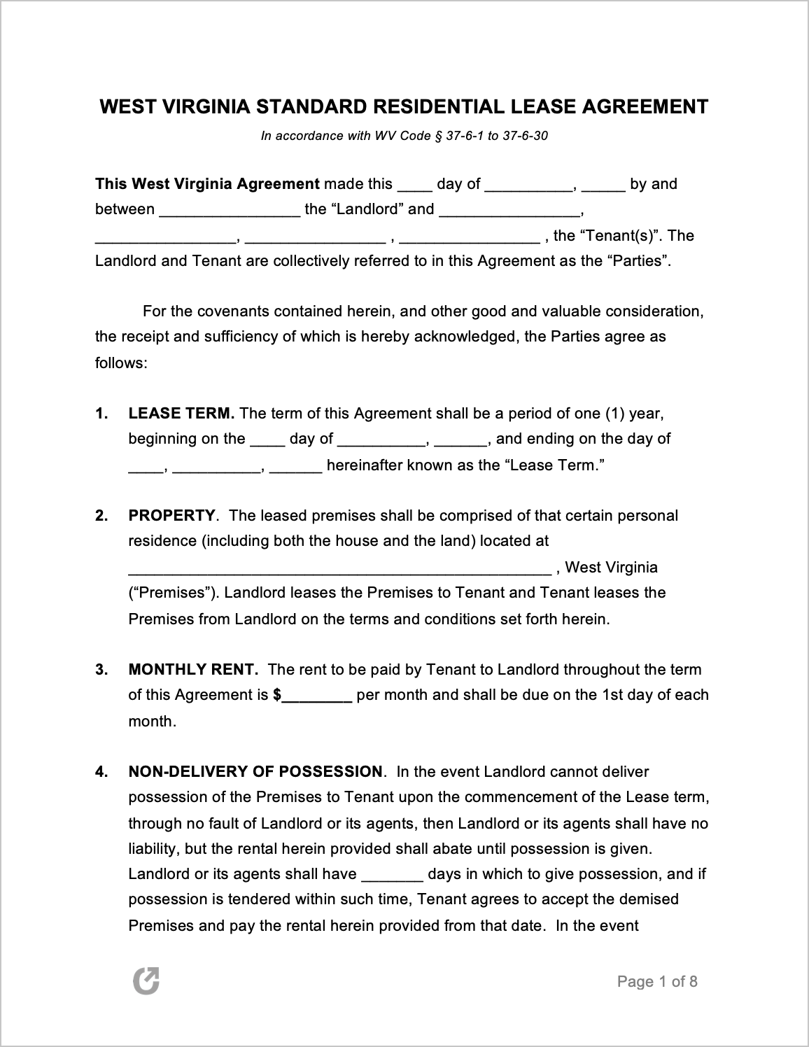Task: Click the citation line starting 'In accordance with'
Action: (404, 136)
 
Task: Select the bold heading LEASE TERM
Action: (181, 414)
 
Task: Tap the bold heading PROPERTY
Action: (171, 516)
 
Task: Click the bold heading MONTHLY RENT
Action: (193, 670)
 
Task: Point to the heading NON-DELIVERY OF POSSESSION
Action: (255, 772)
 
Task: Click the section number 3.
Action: (101, 670)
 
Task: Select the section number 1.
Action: (101, 414)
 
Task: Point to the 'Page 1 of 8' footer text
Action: (657, 981)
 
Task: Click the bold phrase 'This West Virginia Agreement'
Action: (207, 184)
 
